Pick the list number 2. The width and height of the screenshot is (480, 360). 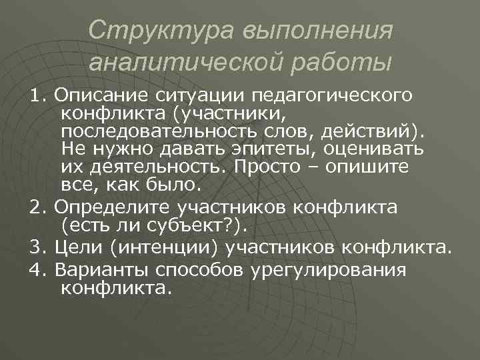coord(37,207)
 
